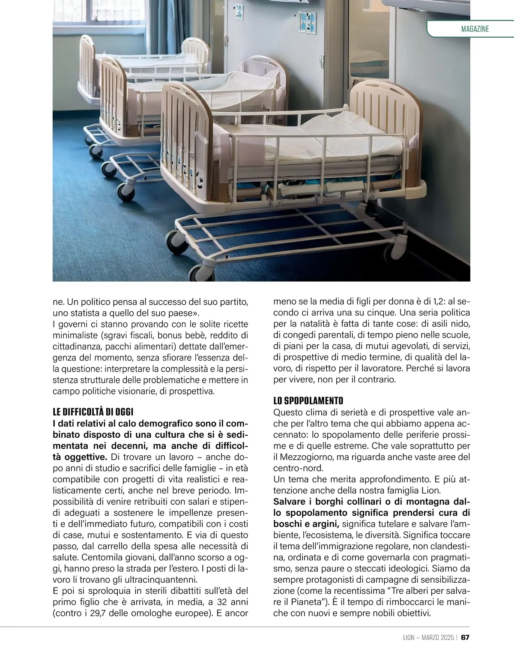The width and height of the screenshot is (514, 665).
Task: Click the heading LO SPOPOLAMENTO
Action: click(x=308, y=401)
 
